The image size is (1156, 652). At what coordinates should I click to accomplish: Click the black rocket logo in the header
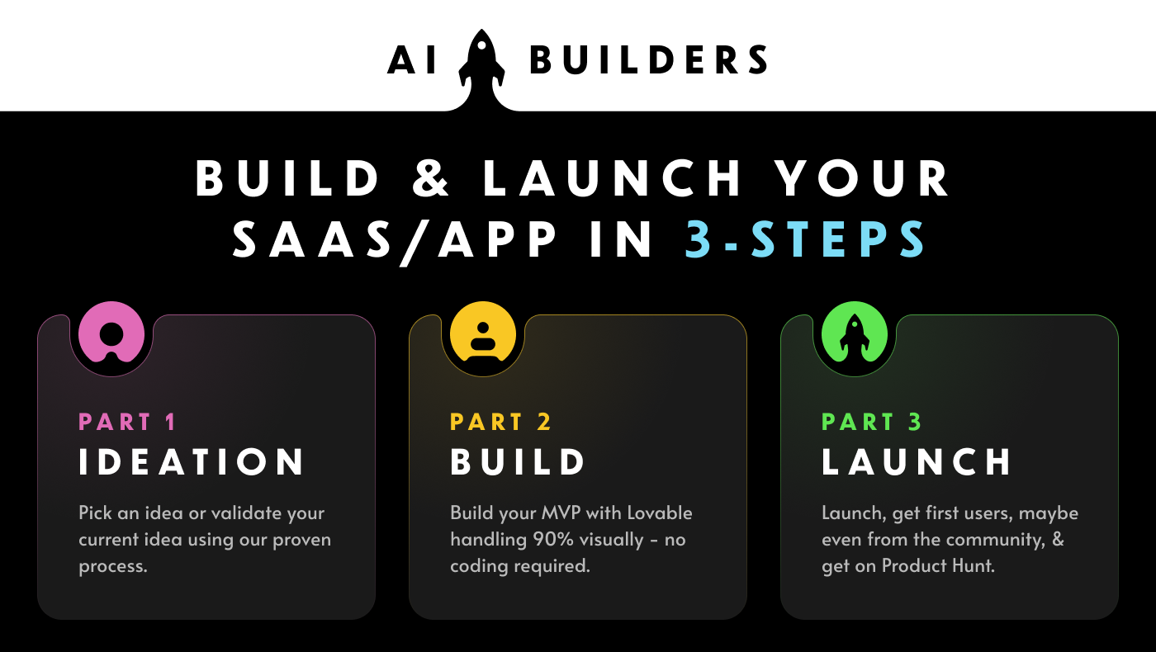481,64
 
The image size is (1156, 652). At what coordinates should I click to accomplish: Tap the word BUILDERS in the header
649,59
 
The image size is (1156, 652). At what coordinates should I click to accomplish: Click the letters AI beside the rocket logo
412,59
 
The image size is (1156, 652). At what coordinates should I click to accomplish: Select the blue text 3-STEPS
805,239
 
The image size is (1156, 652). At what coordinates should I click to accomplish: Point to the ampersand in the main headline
431,178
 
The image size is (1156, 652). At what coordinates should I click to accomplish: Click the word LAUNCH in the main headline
613,178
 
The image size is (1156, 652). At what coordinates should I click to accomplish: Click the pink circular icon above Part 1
111,333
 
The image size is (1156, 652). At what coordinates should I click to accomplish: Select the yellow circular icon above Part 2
483,332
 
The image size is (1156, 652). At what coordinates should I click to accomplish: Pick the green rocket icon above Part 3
855,332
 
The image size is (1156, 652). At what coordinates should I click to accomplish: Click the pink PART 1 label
127,422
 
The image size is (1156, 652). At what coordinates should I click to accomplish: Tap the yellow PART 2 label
500,422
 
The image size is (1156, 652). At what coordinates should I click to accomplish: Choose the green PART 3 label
872,422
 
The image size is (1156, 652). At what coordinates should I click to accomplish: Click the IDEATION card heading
192,461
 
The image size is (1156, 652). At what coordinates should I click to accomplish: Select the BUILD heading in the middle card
518,461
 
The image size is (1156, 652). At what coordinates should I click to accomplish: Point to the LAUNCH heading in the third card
917,461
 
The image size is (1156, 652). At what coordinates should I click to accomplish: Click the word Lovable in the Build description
660,513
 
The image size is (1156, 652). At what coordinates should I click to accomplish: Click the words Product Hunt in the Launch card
938,566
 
